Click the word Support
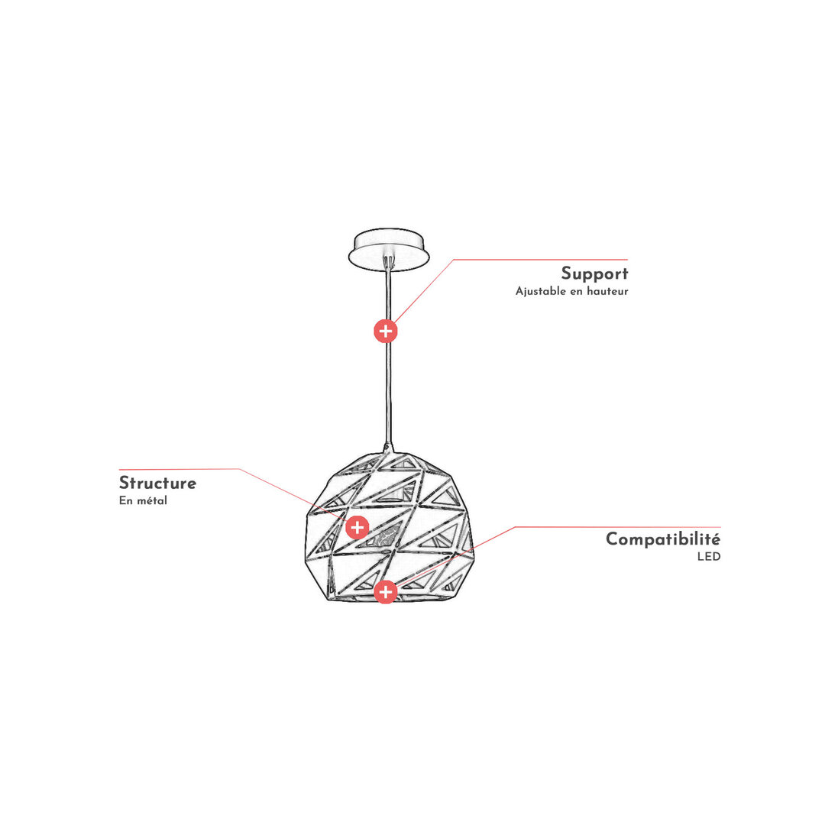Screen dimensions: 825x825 click(x=594, y=273)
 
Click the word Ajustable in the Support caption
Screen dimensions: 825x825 click(x=540, y=292)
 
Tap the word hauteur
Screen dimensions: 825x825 click(x=608, y=291)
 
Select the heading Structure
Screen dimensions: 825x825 click(x=158, y=483)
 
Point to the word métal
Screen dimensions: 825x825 click(x=152, y=500)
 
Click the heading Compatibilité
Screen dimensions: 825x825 click(x=663, y=539)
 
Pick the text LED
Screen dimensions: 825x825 click(x=709, y=557)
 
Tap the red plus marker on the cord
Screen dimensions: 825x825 click(x=386, y=331)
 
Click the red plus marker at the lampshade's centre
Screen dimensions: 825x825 click(x=357, y=527)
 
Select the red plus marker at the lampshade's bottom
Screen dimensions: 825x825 click(x=386, y=592)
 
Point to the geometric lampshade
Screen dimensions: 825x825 click(x=390, y=526)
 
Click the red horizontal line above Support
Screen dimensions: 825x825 click(x=540, y=260)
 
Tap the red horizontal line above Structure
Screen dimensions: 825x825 click(x=180, y=469)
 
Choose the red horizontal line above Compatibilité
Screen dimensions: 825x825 click(x=618, y=526)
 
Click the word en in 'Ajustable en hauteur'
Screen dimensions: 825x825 click(x=576, y=292)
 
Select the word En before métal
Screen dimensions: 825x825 click(x=126, y=500)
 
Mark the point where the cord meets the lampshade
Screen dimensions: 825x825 click(x=389, y=451)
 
